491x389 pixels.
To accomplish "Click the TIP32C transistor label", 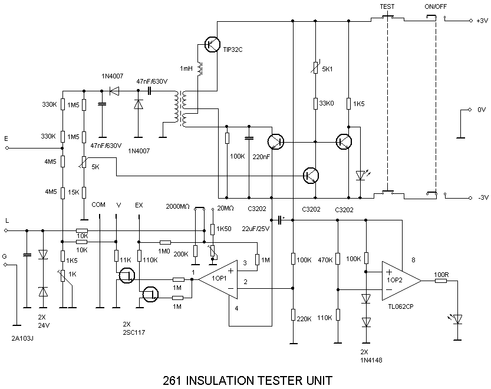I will coord(233,50).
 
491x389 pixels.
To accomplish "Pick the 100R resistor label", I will coord(441,274).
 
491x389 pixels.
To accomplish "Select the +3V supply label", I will coord(482,21).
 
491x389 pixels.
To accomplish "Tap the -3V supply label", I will coord(482,197).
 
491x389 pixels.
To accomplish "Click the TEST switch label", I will coord(387,6).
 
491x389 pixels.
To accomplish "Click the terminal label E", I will coord(6,139).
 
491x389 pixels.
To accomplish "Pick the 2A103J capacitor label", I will coord(22,339).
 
